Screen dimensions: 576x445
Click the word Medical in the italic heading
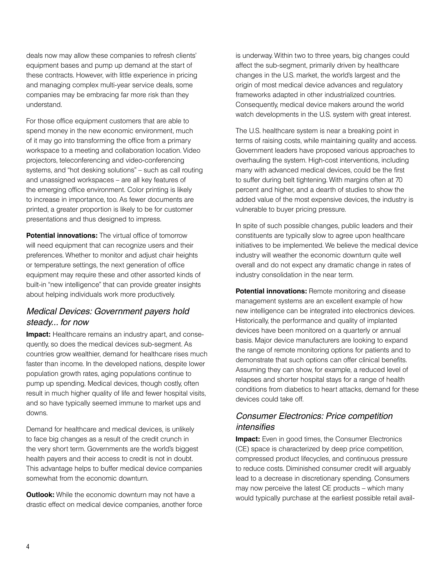tap(42, 311)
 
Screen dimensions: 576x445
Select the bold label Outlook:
tap(40, 495)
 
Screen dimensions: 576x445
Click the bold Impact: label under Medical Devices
tap(38, 335)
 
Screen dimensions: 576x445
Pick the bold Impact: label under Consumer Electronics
tap(247, 439)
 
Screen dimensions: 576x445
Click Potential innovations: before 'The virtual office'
tap(62, 236)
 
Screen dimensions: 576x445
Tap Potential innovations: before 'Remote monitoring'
tap(271, 291)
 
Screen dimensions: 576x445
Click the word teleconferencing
tap(84, 160)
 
